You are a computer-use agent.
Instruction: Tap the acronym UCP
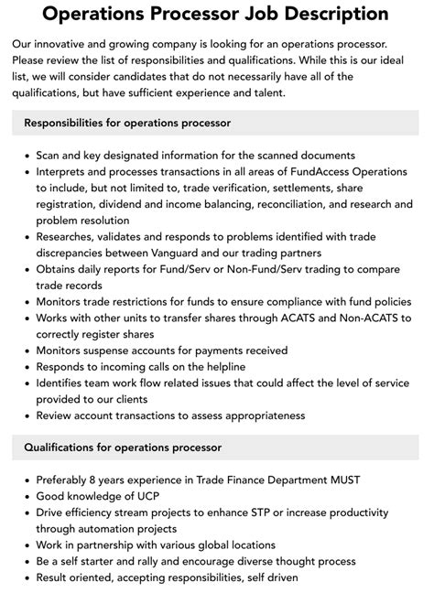[139, 496]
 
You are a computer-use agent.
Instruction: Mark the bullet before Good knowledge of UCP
[23, 496]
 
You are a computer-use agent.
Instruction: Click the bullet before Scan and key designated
[23, 155]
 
